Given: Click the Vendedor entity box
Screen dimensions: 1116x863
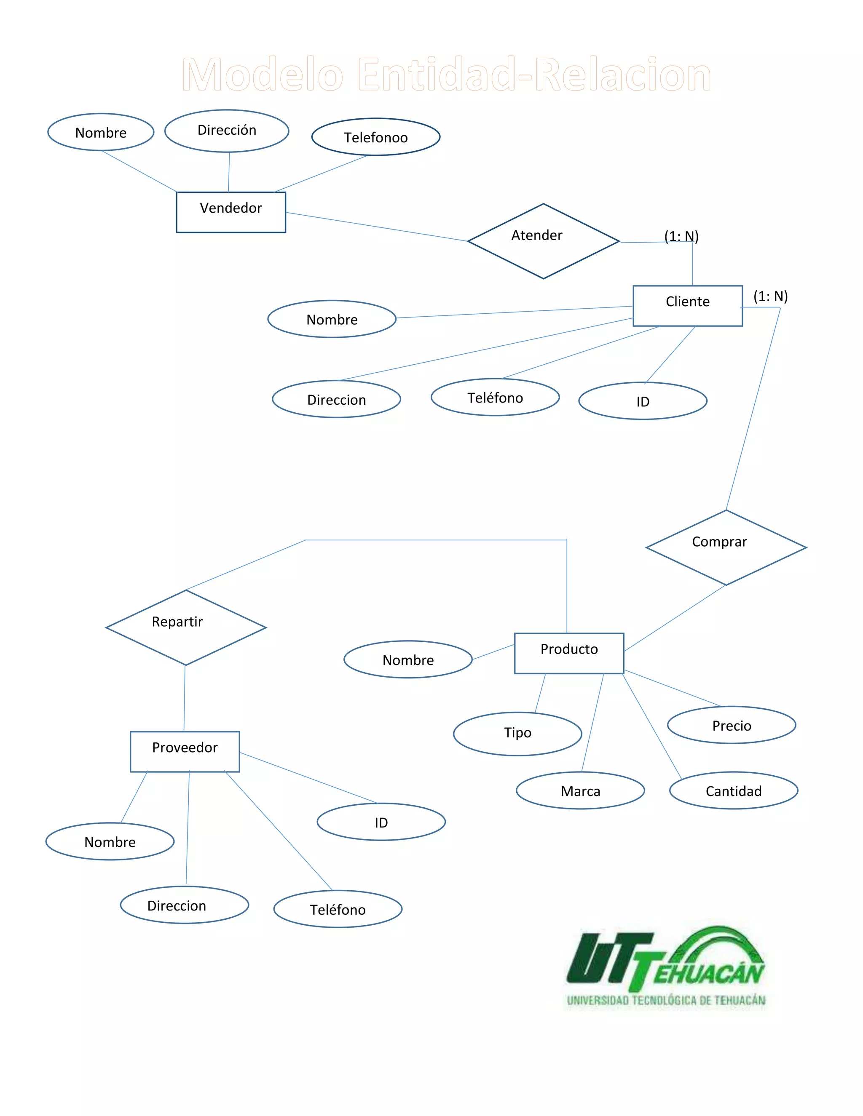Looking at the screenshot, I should (x=230, y=212).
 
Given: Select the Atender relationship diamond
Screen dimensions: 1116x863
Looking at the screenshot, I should (x=543, y=241).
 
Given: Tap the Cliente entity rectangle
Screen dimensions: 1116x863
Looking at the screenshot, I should (x=687, y=306).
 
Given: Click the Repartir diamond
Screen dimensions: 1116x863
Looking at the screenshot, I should (x=185, y=627).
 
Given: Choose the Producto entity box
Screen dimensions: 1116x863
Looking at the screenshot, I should (x=568, y=653).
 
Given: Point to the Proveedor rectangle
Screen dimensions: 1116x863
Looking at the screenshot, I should (x=185, y=751).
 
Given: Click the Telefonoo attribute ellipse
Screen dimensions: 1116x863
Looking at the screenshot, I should (x=376, y=137).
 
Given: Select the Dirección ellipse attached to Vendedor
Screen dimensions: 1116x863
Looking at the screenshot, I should (x=226, y=131).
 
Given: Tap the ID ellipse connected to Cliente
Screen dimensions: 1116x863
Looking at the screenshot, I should (x=643, y=401).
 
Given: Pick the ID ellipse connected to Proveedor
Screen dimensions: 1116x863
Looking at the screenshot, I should (x=381, y=822).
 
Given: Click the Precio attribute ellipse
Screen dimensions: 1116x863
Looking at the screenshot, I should (x=731, y=725).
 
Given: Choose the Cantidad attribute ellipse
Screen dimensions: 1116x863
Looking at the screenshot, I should (x=733, y=790).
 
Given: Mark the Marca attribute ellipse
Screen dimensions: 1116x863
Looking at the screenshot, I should (x=580, y=790).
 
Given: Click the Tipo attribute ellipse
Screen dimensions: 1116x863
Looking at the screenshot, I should (x=517, y=733).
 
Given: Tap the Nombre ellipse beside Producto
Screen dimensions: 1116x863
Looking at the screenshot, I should (x=407, y=659).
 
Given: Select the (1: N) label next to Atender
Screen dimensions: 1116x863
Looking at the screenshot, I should (x=681, y=236).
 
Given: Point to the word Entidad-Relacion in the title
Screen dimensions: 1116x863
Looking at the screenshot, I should (x=534, y=75).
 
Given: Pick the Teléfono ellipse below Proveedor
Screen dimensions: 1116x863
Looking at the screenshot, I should (x=338, y=909).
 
